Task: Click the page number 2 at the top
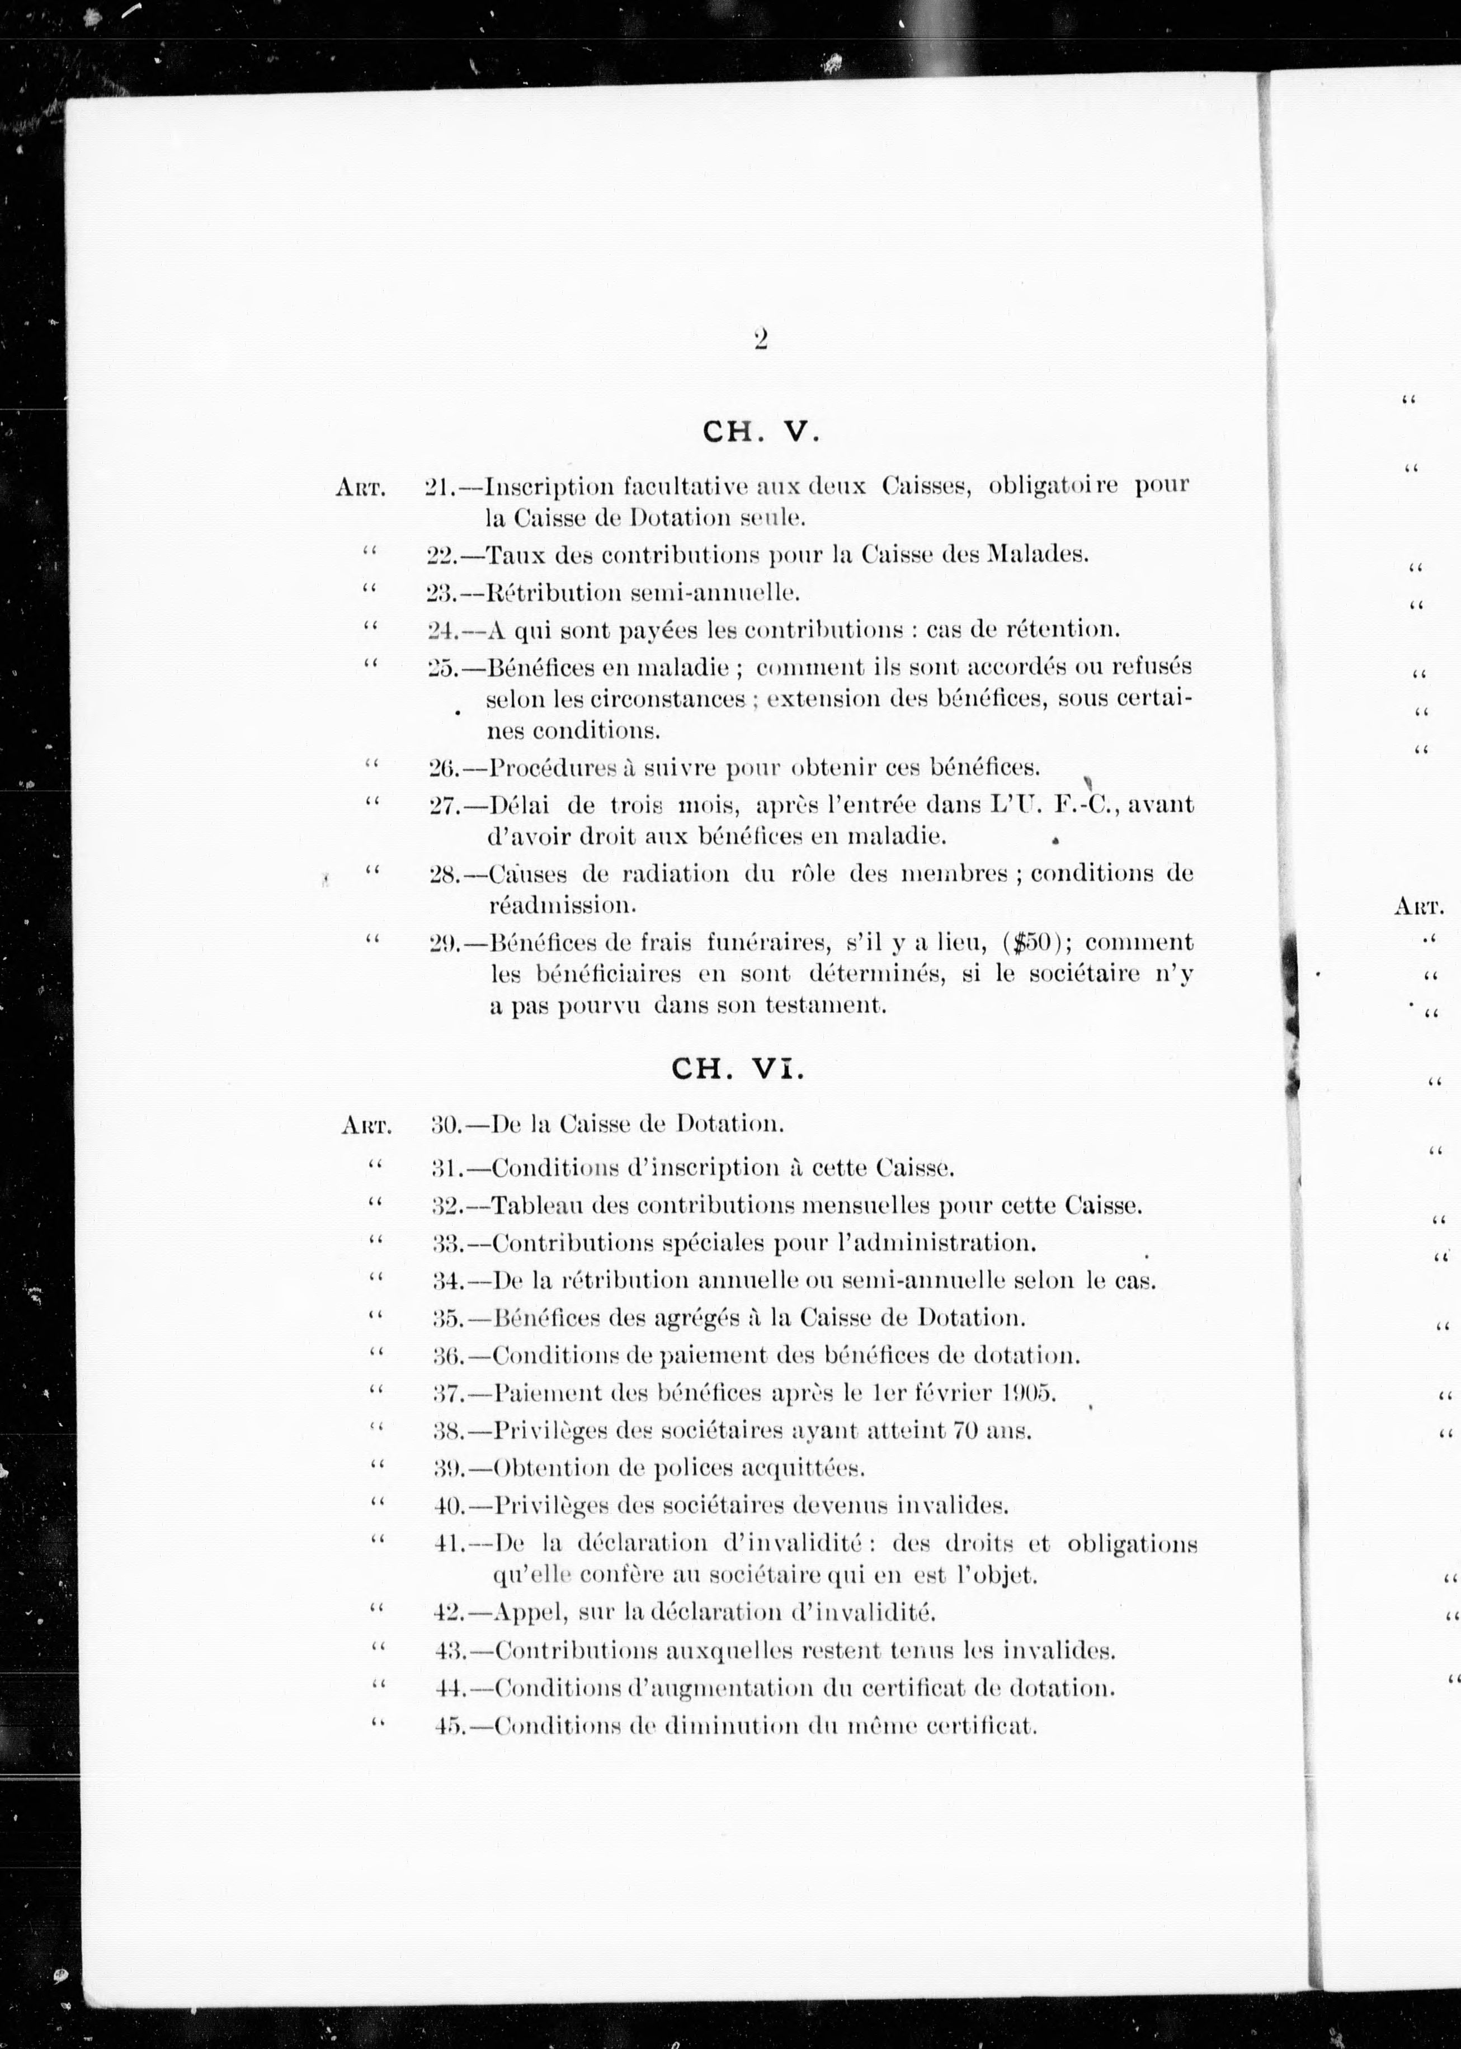click(x=760, y=340)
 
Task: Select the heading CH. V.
click(x=761, y=433)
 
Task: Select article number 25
click(x=442, y=668)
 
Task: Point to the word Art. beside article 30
click(x=366, y=1125)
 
